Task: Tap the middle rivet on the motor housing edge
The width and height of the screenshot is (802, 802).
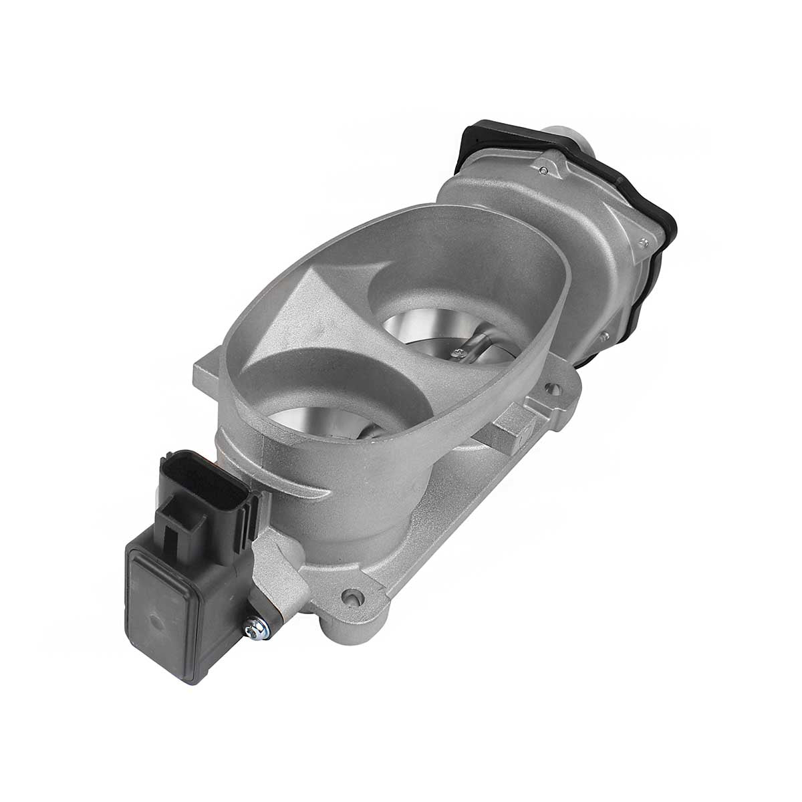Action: coord(643,243)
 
